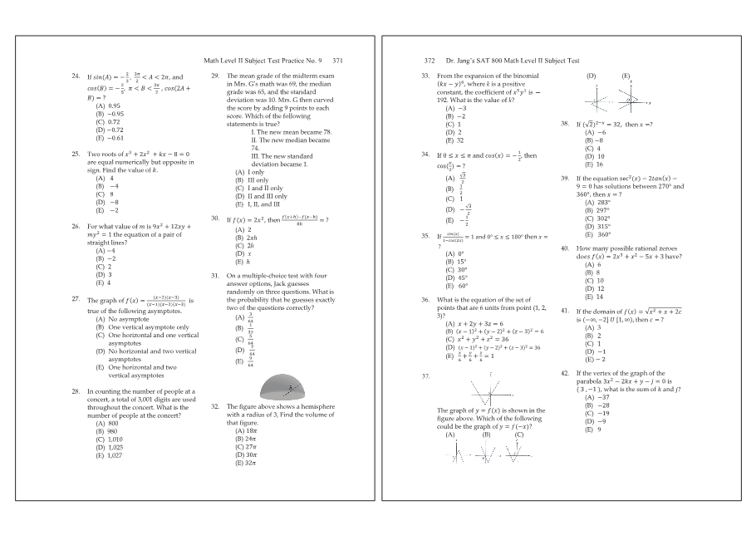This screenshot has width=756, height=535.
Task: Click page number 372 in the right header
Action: (430, 61)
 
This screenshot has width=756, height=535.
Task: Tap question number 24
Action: (76, 76)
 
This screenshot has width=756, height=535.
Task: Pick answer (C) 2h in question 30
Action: (246, 245)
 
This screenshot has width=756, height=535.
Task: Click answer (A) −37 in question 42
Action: (596, 398)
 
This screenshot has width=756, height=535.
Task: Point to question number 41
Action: (565, 311)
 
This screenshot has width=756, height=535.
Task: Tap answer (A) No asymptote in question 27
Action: (120, 319)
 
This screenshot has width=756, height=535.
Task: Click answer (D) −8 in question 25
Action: (107, 202)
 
